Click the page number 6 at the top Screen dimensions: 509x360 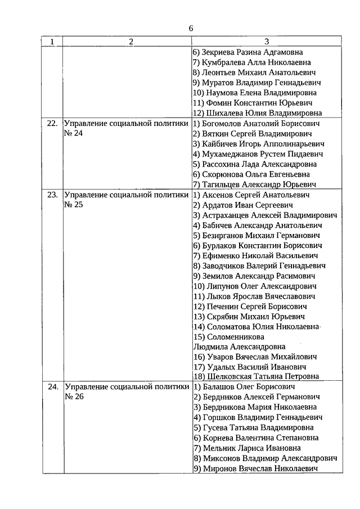191,29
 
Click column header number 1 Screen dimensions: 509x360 52,42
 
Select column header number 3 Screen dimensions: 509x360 266,42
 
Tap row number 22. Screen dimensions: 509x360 52,123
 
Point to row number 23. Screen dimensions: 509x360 52,195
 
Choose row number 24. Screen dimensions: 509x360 52,387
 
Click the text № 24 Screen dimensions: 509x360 73,133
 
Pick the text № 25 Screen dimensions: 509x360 73,205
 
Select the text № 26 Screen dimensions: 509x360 73,397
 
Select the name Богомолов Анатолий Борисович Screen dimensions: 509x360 256,123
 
